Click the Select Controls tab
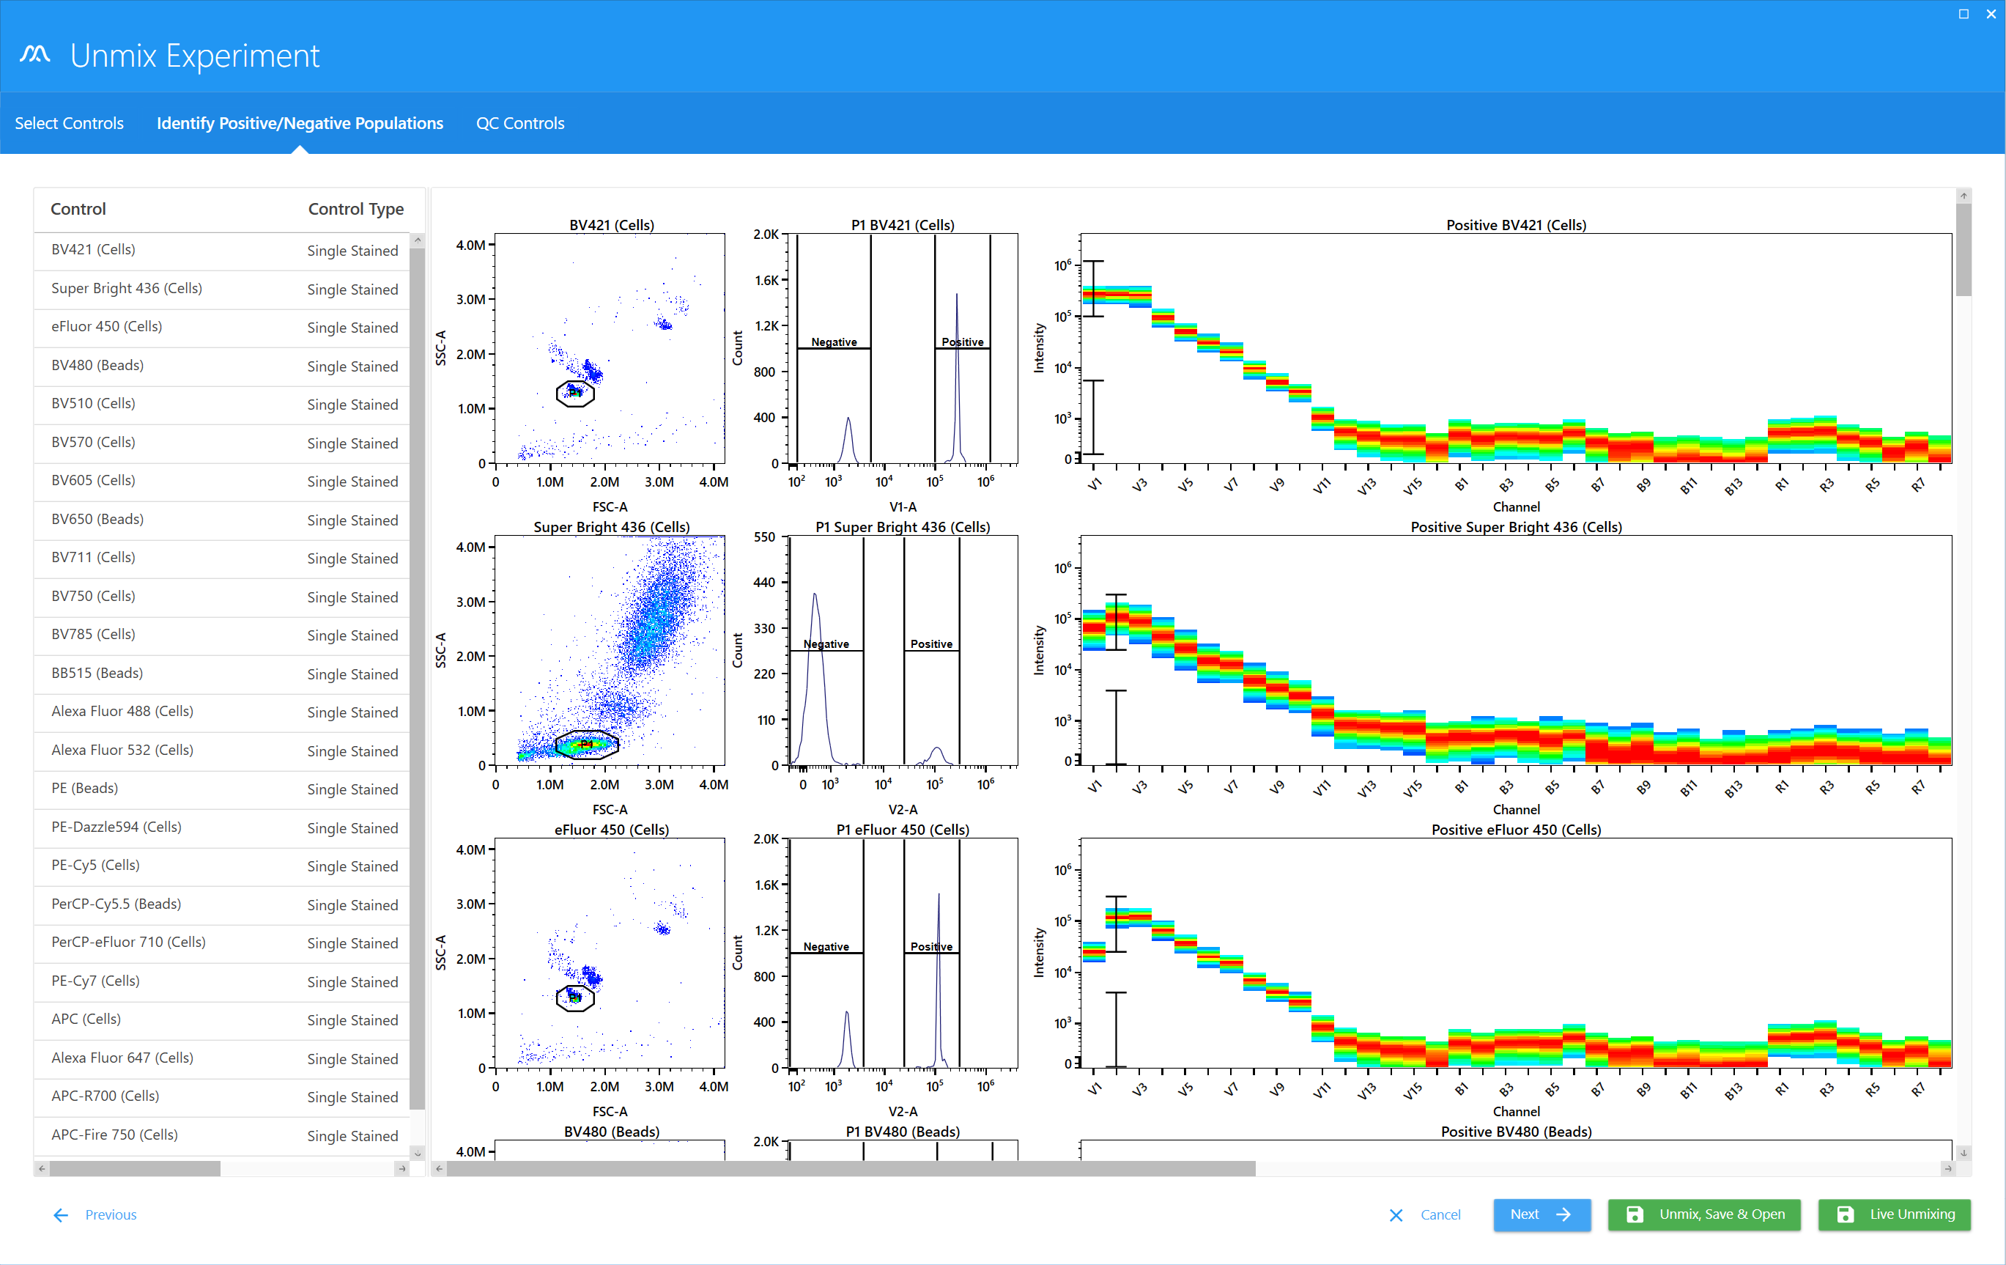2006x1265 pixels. coord(69,123)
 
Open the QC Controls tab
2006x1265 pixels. coord(520,123)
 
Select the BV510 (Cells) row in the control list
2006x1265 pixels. coord(93,403)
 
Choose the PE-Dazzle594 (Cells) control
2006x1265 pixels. coord(116,827)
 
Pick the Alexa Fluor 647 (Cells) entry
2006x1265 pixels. coord(122,1058)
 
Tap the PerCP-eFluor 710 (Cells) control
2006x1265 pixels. coord(128,942)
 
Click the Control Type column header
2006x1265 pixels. coord(356,209)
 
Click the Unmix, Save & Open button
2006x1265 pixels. coord(1703,1214)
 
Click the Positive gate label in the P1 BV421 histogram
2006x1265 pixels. coord(962,342)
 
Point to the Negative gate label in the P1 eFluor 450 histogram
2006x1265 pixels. coord(826,947)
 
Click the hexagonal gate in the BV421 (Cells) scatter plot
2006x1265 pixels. coord(575,394)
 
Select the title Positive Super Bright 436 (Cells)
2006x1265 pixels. coord(1515,528)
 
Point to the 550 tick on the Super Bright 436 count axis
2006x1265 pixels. coord(764,537)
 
